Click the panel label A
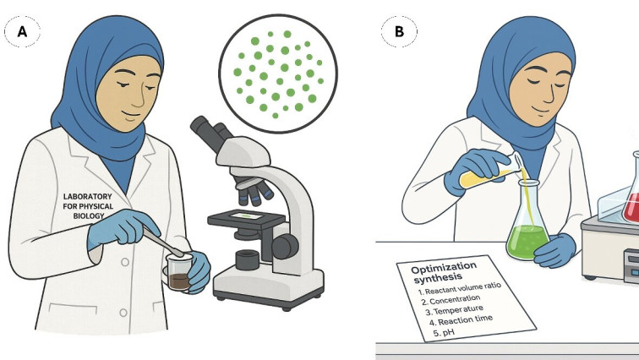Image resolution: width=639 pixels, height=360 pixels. pos(22,31)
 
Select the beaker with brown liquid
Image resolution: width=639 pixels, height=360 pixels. pos(179,272)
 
